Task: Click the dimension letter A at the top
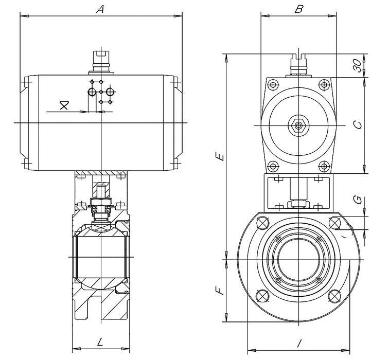pos(101,9)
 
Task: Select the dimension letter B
pos(298,9)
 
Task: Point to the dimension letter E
pos(220,156)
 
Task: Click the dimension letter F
pos(220,291)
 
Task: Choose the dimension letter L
pos(100,341)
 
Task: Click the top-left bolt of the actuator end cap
pos(273,84)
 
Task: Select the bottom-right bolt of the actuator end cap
pos(323,166)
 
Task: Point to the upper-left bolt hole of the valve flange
pos(262,223)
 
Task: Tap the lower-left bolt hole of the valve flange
pos(262,296)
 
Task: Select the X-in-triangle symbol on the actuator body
pos(64,105)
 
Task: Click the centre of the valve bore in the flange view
pos(298,260)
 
